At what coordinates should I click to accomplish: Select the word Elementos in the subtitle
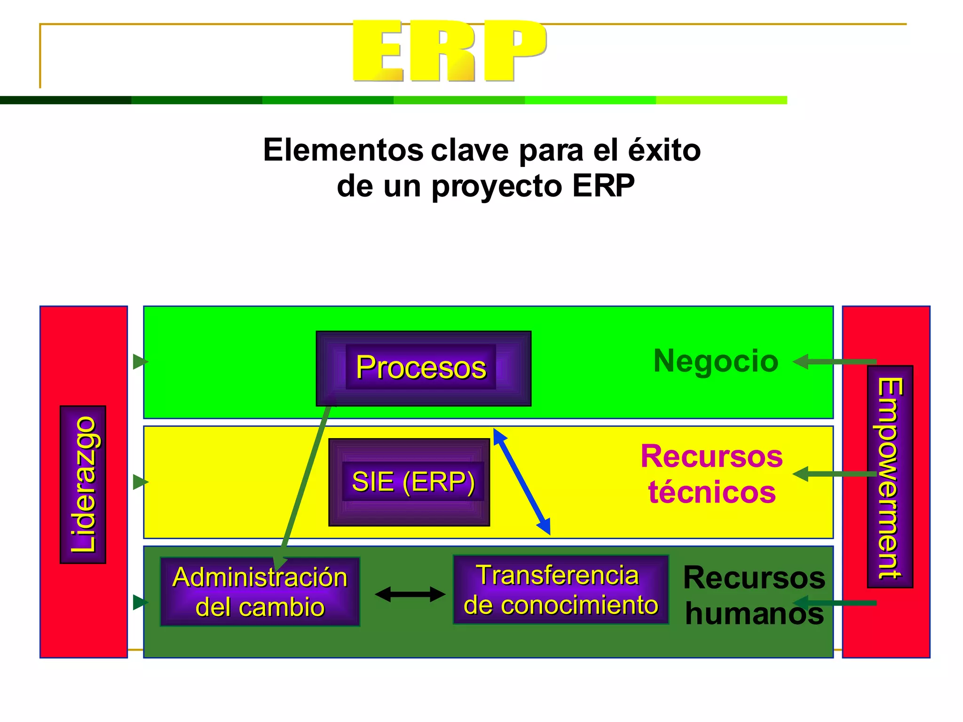pyautogui.click(x=343, y=150)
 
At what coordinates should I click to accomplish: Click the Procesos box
pyautogui.click(x=423, y=368)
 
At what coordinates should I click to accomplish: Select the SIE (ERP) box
pyautogui.click(x=409, y=482)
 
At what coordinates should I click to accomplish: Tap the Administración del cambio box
pyautogui.click(x=260, y=592)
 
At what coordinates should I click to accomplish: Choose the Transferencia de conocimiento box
pyautogui.click(x=560, y=590)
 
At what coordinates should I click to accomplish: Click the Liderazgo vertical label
pyautogui.click(x=83, y=484)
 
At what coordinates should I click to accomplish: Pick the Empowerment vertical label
pyautogui.click(x=890, y=477)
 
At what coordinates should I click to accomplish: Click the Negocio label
pyautogui.click(x=716, y=361)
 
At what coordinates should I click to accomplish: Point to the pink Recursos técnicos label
pyautogui.click(x=711, y=474)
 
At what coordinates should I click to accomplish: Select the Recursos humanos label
pyautogui.click(x=754, y=595)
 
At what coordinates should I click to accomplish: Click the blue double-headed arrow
pyautogui.click(x=521, y=481)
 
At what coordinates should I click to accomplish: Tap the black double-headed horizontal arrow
pyautogui.click(x=410, y=594)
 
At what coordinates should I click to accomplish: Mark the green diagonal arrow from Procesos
pyautogui.click(x=306, y=479)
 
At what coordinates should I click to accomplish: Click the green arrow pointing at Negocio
pyautogui.click(x=834, y=361)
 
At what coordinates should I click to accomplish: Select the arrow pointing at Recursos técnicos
pyautogui.click(x=834, y=474)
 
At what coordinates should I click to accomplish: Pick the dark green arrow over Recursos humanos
pyautogui.click(x=834, y=603)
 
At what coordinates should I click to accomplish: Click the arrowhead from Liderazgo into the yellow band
pyautogui.click(x=140, y=482)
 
